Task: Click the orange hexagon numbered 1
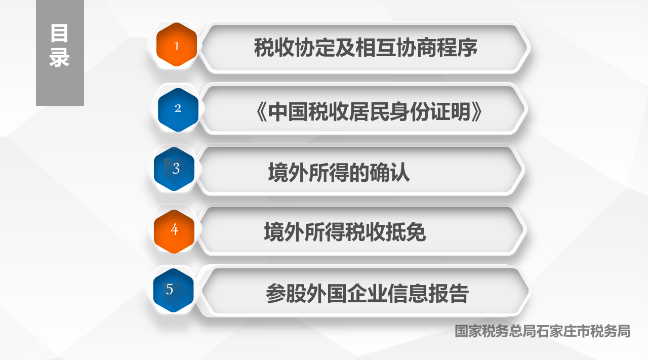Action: [x=177, y=45]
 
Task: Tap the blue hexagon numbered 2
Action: [x=178, y=110]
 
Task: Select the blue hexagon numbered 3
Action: [x=174, y=169]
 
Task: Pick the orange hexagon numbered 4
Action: [x=174, y=231]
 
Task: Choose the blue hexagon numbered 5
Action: [x=173, y=290]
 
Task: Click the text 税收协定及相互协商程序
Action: [x=366, y=48]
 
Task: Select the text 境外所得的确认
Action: [x=339, y=172]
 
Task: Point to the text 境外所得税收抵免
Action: [x=345, y=231]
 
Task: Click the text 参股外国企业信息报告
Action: [x=367, y=293]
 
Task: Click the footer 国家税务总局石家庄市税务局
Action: [x=542, y=331]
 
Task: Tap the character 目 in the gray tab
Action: [x=59, y=33]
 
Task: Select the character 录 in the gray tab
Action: [x=59, y=57]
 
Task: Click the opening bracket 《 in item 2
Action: [x=261, y=112]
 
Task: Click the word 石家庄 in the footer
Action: [x=556, y=331]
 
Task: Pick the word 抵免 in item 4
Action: [x=406, y=231]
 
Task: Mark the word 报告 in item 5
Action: [x=448, y=293]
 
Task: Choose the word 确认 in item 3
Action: [x=390, y=172]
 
